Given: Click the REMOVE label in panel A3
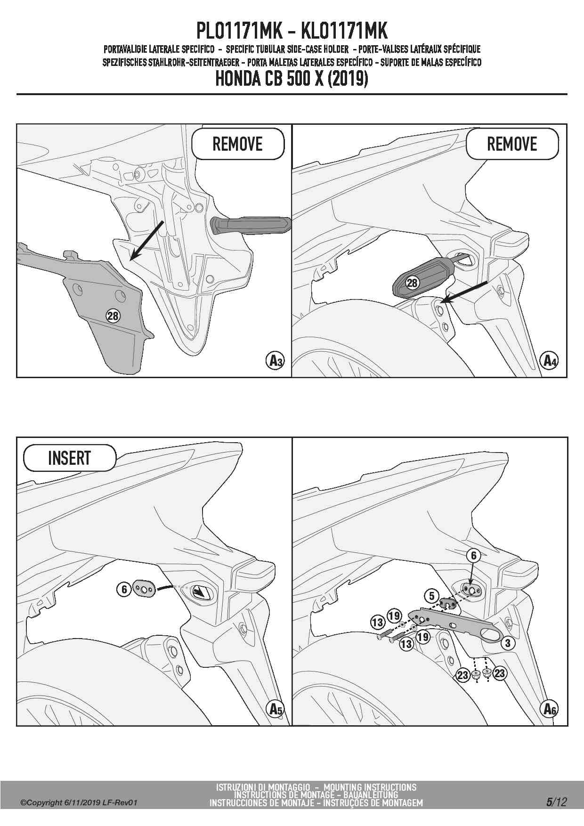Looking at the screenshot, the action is coord(237,144).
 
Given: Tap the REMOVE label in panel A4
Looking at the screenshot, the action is coord(512,144).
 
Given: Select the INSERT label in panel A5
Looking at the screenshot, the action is coord(69,458).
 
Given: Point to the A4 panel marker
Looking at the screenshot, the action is coord(549,361).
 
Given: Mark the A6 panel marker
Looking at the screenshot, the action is coord(549,709).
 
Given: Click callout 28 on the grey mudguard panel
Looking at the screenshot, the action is coord(113,316).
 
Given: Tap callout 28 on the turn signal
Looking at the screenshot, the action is coord(412,283).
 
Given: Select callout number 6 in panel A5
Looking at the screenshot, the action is coord(124,589).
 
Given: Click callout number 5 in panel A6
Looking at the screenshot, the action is coord(432,596).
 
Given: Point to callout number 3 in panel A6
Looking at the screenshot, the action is coord(507,643).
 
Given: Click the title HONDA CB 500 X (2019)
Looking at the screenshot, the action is coord(292,78).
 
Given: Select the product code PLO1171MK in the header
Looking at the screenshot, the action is coord(239,31).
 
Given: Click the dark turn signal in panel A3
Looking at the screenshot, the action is coord(251,225).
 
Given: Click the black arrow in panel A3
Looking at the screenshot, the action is coord(147,240).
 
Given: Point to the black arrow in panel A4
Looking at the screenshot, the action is coord(464,292).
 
